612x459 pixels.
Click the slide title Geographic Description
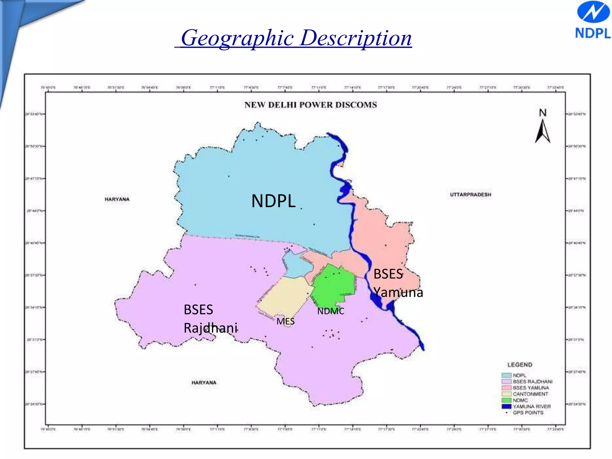click(x=296, y=38)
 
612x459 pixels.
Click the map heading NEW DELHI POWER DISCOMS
click(x=310, y=105)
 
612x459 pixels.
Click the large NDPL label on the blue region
click(x=273, y=201)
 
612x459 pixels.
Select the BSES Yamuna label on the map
click(x=398, y=283)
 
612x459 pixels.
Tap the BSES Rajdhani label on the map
click(x=210, y=319)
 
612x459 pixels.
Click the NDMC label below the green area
click(x=331, y=311)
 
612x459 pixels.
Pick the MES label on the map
click(x=285, y=322)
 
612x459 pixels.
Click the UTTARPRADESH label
click(x=470, y=195)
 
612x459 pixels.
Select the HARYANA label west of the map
click(x=117, y=199)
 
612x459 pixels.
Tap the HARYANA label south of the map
click(x=204, y=382)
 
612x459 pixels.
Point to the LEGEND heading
click(x=520, y=365)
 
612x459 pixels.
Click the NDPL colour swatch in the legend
click(x=507, y=375)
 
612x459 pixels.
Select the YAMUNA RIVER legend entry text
click(x=532, y=406)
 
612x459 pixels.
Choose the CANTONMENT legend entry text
click(x=530, y=394)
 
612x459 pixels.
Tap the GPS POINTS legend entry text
click(x=528, y=413)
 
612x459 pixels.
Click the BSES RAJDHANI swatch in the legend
click(x=507, y=382)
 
